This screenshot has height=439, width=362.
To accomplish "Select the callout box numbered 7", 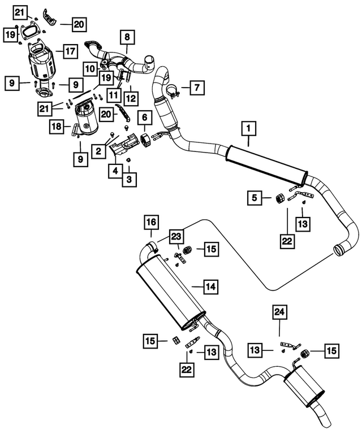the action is (197, 88).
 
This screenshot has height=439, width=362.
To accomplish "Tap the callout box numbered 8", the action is (127, 37).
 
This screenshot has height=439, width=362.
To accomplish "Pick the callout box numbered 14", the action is (211, 286).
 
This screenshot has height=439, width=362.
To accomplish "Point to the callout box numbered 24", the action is (279, 312).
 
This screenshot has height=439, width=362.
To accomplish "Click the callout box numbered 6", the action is (145, 118).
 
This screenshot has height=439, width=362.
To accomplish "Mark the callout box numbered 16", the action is (151, 222).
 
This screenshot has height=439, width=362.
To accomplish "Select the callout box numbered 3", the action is (129, 180).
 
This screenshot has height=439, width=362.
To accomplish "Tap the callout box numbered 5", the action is (255, 198).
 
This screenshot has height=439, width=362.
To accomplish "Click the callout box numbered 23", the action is (176, 237).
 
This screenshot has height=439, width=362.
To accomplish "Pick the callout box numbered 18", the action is (57, 127).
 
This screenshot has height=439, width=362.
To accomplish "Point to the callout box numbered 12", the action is (131, 98).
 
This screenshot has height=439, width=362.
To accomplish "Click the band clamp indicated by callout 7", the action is (173, 93).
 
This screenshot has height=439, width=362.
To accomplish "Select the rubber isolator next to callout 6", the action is (145, 140).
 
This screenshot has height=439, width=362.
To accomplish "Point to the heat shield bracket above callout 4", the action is (124, 145).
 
